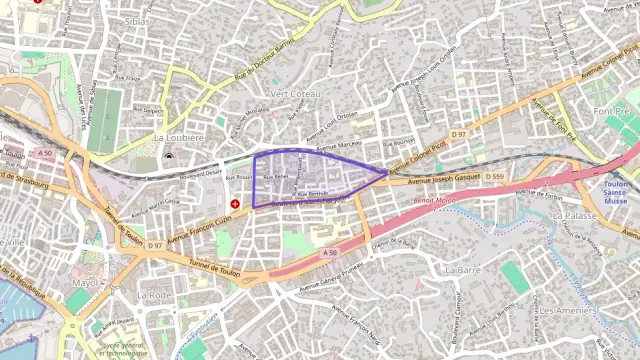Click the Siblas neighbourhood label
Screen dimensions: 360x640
(x=138, y=20)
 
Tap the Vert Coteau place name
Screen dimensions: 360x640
(x=293, y=93)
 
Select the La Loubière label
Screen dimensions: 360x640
(x=178, y=137)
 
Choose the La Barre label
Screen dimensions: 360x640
(x=463, y=270)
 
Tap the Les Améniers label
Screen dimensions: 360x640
(x=568, y=310)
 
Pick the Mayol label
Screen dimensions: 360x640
(x=86, y=283)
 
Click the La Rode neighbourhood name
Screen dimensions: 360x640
(x=155, y=295)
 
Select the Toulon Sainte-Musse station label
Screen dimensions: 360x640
(x=617, y=192)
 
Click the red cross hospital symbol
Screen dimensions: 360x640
(x=235, y=203)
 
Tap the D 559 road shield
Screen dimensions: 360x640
(x=494, y=177)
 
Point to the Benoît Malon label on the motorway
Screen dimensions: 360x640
(x=433, y=201)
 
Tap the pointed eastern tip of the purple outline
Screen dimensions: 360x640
(x=388, y=172)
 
